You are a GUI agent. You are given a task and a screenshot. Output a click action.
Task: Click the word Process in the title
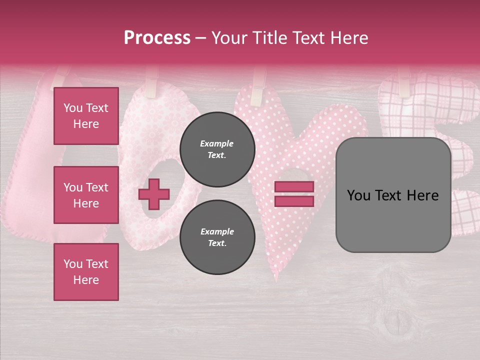point(157,37)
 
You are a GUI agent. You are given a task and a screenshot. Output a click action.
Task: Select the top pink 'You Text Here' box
point(86,116)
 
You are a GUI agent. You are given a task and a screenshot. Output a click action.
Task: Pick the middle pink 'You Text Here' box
point(86,195)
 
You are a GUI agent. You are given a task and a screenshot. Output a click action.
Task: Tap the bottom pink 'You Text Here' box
point(86,271)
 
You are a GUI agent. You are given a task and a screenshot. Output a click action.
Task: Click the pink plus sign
point(154,194)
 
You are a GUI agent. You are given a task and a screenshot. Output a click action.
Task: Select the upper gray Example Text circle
point(217,149)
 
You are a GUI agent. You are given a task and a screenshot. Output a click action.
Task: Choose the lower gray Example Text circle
point(217,237)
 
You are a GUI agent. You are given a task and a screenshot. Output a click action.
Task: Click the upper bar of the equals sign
point(294,186)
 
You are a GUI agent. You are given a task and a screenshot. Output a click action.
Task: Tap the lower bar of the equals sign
point(294,201)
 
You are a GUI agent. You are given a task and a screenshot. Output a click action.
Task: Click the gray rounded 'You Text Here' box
point(393,195)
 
